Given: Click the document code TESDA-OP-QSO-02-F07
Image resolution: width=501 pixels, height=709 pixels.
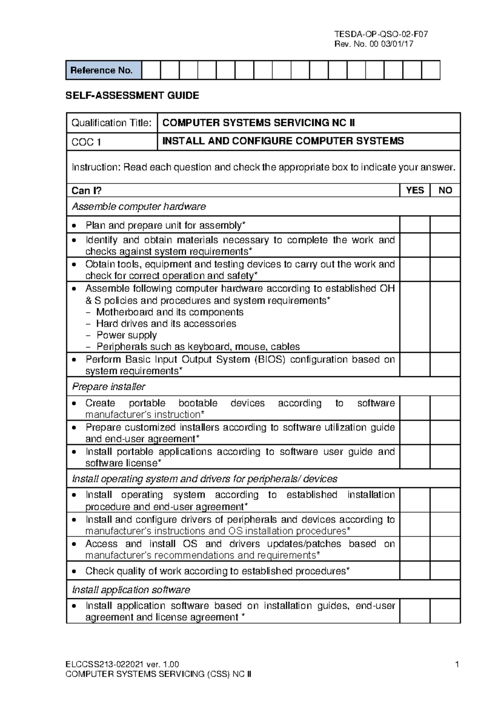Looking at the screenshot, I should (x=381, y=34).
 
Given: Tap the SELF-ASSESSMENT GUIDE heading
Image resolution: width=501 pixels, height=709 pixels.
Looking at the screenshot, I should (x=132, y=96).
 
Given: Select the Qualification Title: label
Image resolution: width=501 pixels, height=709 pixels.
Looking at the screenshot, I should (x=111, y=123).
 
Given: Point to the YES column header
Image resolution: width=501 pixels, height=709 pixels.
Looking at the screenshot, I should (x=415, y=191).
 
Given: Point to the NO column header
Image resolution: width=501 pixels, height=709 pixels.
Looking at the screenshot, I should (x=445, y=191).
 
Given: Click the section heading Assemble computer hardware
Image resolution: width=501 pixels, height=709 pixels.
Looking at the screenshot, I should (x=139, y=207).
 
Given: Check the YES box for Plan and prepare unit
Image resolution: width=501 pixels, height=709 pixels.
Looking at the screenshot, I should (x=415, y=224).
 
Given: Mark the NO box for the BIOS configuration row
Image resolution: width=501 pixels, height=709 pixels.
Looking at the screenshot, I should (x=445, y=365).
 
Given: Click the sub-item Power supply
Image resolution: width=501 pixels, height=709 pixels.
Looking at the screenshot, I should (x=127, y=335).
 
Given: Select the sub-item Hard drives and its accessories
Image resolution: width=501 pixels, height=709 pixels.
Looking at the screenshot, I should (x=166, y=324).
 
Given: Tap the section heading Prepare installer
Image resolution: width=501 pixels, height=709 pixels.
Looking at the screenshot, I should (x=109, y=387).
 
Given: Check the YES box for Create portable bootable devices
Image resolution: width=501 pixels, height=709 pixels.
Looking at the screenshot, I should (x=415, y=408).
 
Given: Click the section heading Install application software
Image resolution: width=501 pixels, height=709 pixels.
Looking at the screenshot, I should (x=131, y=590).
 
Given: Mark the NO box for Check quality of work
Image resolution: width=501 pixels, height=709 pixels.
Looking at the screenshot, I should (x=445, y=571).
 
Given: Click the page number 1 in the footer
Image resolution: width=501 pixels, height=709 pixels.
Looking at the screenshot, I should (x=457, y=665).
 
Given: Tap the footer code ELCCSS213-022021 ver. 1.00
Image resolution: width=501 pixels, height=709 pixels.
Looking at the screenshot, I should (x=122, y=665).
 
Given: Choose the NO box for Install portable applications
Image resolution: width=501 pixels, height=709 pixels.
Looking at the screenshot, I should (x=445, y=457).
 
